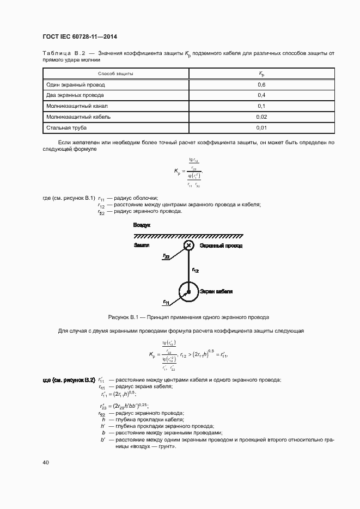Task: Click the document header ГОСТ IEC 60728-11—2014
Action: [x=80, y=37]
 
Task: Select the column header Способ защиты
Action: [x=115, y=73]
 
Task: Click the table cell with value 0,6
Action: [x=261, y=85]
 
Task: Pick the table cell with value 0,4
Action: [x=261, y=95]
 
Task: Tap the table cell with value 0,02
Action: [x=261, y=116]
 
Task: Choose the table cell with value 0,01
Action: [x=261, y=127]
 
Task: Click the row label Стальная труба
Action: [x=67, y=127]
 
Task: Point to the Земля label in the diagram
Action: [x=141, y=246]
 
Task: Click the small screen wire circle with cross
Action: [x=188, y=246]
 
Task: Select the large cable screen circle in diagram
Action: [x=188, y=292]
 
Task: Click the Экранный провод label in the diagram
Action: [x=221, y=246]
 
